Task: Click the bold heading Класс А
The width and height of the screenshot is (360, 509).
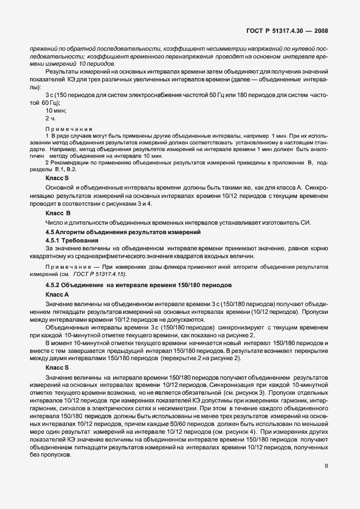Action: [57, 293]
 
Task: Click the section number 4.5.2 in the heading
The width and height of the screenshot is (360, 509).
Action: [54, 285]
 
